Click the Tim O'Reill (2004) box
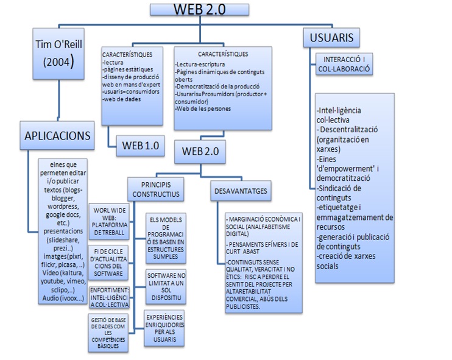[x=53, y=52]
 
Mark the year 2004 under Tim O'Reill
[x=53, y=62]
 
